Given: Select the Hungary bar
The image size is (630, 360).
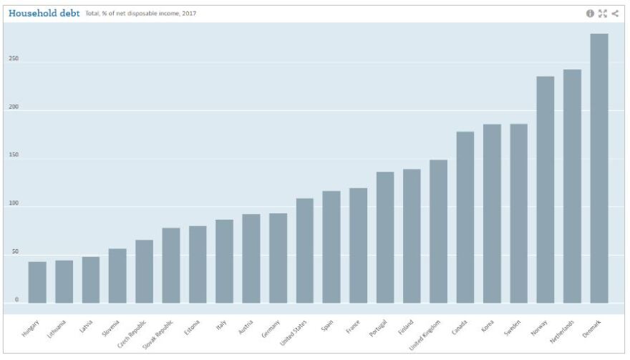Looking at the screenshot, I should pos(37,282).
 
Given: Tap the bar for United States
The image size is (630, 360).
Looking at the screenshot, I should pos(305,250).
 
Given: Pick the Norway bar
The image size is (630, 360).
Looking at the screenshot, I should pos(546,189).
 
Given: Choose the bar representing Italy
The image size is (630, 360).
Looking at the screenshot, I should pos(224,261).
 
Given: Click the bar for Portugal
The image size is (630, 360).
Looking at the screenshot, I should pos(385,237).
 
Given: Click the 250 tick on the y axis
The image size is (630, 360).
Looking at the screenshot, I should pos(14,59).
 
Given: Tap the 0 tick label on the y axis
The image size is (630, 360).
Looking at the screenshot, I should pos(16,300).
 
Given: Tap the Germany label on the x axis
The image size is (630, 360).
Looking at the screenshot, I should pos(271,329).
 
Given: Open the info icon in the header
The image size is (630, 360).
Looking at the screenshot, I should pos(591,13).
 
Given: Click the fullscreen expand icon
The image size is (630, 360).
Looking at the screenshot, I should pos(602,13).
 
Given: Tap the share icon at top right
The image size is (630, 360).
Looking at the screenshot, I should pos(614,13).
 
